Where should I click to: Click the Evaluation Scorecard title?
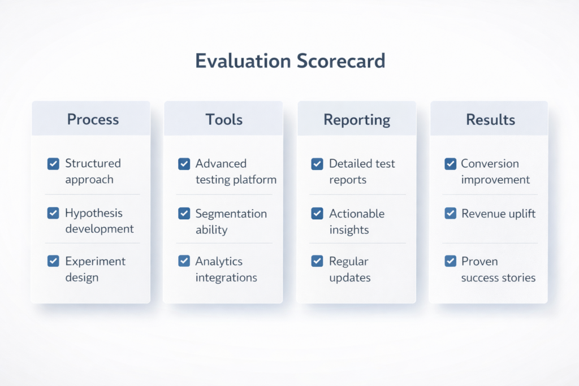pos(289,61)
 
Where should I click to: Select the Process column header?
pos(93,120)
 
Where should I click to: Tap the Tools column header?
pos(224,120)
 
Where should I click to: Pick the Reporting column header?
pos(356,120)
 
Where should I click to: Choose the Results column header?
pos(490,120)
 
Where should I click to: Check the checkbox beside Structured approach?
pos(53,164)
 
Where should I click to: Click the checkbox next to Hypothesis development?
pos(53,213)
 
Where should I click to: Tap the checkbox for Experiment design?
pos(53,261)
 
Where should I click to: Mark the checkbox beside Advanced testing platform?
pos(184,164)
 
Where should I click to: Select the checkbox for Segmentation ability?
pos(184,213)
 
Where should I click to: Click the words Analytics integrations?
pos(226,270)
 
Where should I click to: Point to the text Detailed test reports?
pos(362,172)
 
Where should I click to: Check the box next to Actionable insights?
pos(317,213)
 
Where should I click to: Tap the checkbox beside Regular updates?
pos(317,261)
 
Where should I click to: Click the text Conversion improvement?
pos(495,172)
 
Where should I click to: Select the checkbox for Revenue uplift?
pos(450,213)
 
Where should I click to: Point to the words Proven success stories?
pos(498,270)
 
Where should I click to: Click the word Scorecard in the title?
pos(338,61)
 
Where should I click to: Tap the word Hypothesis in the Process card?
pos(94,213)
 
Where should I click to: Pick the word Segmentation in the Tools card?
pos(231,214)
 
